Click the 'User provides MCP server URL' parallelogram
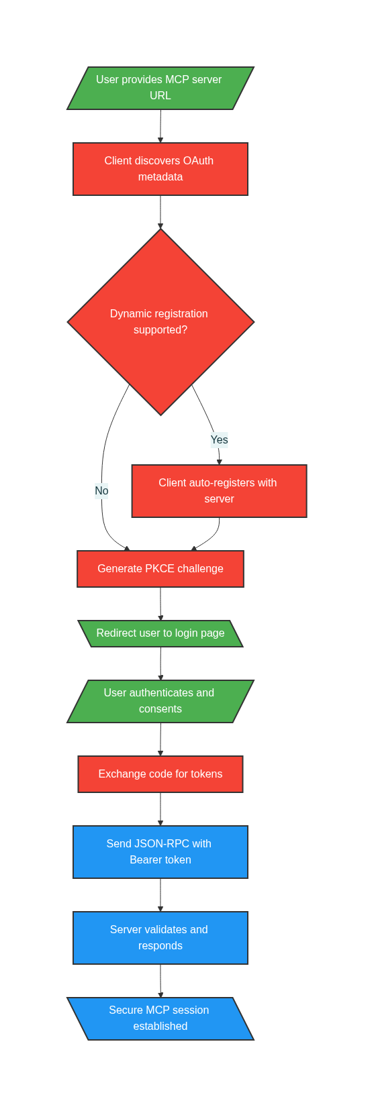160,88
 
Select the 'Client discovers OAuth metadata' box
160,169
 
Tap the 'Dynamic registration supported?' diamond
160,322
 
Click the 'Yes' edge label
219,440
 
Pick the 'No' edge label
101,491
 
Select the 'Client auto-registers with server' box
219,491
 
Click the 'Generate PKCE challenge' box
160,569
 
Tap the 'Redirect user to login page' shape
160,633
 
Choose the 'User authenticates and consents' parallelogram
160,701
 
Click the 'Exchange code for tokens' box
160,774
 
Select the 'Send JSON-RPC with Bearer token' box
160,852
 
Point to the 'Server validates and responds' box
160,938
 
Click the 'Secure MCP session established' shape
160,1018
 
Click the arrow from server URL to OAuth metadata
160,126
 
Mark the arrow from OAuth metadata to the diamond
160,212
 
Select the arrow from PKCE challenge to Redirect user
160,604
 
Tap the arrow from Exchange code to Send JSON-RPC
160,809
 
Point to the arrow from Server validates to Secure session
160,981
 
